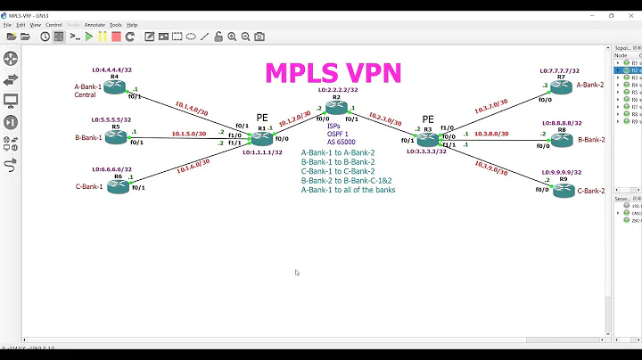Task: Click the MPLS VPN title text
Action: (333, 72)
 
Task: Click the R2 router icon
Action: (336, 108)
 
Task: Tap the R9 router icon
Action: (563, 190)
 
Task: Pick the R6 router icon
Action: (118, 186)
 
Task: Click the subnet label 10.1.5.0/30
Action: (188, 134)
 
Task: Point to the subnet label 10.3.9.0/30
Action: (492, 167)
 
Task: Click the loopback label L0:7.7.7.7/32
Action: (559, 70)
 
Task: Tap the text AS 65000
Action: (340, 142)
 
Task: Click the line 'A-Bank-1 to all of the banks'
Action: (348, 190)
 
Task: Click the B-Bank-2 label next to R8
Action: (590, 140)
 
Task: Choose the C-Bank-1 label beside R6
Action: (88, 186)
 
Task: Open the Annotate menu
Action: (94, 25)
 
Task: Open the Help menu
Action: (132, 25)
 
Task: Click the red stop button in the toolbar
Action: (116, 37)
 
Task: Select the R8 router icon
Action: (561, 140)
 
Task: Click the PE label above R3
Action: (427, 119)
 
